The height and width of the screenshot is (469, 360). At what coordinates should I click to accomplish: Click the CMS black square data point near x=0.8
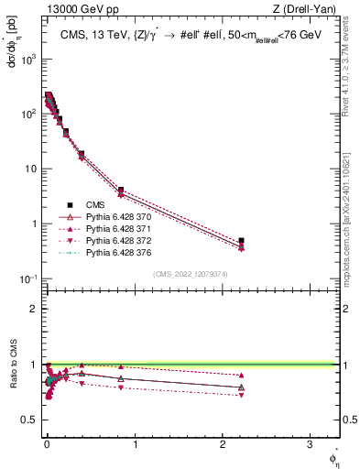(x=121, y=190)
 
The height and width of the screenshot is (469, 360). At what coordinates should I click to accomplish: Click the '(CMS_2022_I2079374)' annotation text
(x=190, y=272)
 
